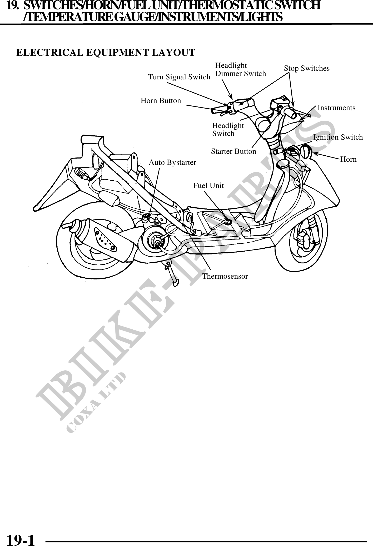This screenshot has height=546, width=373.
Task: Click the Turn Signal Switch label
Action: coord(179,77)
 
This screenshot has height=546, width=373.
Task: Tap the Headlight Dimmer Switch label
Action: coord(240,70)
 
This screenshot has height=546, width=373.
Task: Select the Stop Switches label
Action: coord(306,69)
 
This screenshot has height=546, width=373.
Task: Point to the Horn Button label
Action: coord(161,101)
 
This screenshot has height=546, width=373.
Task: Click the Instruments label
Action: coord(336,108)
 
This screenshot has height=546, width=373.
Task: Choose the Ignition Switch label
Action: coord(338,137)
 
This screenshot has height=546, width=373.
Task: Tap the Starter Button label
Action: coord(233,152)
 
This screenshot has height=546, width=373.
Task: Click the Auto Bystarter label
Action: coord(172,163)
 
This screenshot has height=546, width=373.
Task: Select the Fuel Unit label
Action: coord(208,186)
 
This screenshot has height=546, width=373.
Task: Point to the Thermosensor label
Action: coord(225,277)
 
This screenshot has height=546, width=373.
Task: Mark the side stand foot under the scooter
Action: coord(175,282)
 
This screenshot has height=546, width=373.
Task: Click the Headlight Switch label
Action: coord(228,130)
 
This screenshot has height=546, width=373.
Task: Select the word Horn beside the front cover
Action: coord(348,159)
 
